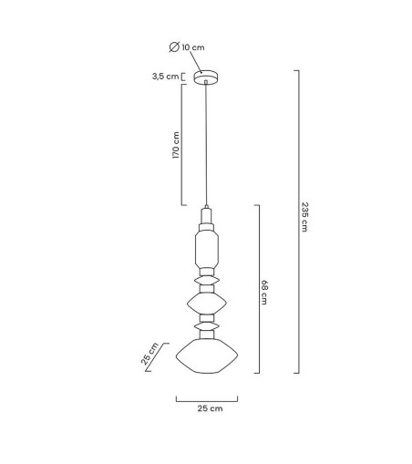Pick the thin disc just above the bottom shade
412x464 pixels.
point(207,325)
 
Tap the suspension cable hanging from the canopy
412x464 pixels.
point(207,146)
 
